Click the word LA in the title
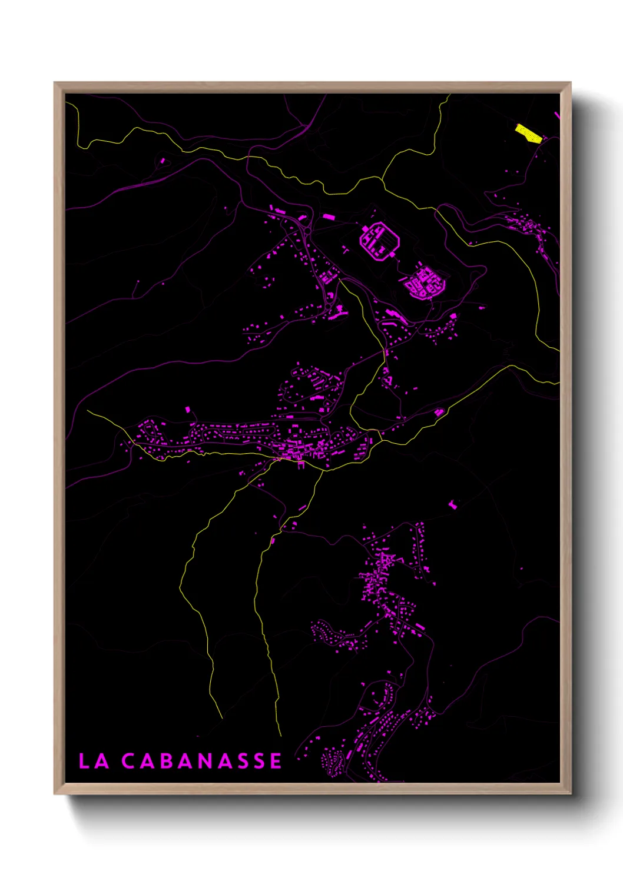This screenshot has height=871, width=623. (94, 760)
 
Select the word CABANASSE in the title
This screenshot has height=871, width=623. (201, 760)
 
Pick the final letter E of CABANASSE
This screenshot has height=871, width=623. (276, 760)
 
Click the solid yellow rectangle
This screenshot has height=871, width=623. (528, 134)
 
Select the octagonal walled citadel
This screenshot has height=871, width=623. (380, 241)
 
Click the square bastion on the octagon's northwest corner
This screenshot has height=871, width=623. (364, 228)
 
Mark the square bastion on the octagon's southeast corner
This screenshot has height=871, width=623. (393, 255)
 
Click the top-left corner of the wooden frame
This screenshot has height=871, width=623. (55, 84)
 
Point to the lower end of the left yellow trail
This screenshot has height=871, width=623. (222, 718)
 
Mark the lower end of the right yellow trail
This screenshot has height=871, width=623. (281, 736)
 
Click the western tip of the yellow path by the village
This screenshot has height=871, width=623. (88, 411)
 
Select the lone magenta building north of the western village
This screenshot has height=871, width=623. (188, 409)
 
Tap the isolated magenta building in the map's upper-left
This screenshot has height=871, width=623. (163, 159)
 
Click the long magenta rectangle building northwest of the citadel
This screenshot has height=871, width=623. (328, 217)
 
